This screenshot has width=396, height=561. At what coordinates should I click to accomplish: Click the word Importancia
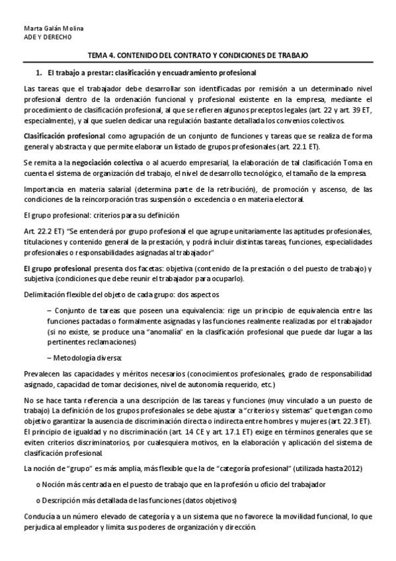pyautogui.click(x=42, y=189)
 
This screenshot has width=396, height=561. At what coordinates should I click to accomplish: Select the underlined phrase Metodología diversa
pyautogui.click(x=87, y=357)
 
